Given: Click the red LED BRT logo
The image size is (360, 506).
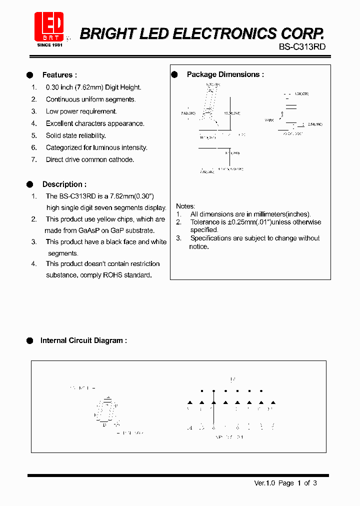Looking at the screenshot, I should pos(48,26).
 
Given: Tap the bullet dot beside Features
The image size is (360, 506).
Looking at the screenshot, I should pos(29,75).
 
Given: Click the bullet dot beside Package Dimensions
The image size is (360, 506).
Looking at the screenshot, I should pos(174,74).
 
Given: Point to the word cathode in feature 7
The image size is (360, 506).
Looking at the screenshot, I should pos(122,159).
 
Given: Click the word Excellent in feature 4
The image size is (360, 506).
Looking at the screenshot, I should pos(61,123).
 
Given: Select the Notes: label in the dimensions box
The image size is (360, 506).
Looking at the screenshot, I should pos(185,206).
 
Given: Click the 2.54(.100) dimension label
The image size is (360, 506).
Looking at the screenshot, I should pos(315,123).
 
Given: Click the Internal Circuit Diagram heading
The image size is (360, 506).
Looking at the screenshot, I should pos(83,340).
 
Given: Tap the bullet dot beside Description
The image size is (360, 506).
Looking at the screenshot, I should pos(29,184).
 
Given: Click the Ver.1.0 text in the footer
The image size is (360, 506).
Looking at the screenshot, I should pos(264,483).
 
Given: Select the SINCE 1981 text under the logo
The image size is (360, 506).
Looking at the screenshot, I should pos(50,45).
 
